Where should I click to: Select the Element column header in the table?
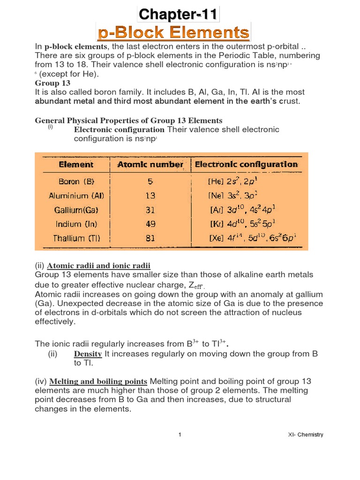pos(76,165)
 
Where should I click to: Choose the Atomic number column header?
pos(150,165)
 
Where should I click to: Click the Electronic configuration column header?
pos(247,165)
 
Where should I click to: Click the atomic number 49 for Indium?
pos(150,225)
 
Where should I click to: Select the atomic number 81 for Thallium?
pos(150,238)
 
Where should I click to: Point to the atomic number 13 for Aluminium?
pos(150,195)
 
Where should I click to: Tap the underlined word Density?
pos(88,354)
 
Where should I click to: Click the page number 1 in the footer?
pos(180,435)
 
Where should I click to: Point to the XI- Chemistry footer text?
pos(305,435)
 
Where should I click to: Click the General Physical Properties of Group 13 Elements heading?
pos(128,120)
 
